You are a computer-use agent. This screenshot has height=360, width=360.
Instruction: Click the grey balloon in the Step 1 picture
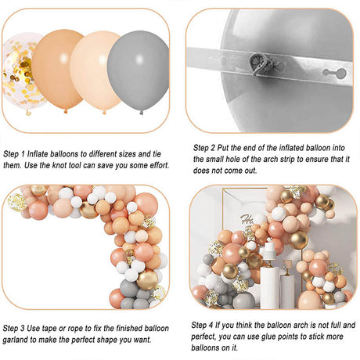pos(138,70)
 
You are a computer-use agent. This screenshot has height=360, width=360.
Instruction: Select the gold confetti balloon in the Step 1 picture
pos(21,72)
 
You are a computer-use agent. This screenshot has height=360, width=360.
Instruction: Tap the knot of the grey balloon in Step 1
pos(141,113)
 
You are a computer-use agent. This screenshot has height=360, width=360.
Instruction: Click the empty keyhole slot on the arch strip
pos(334,72)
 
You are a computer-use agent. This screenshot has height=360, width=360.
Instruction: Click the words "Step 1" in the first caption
pos(14,154)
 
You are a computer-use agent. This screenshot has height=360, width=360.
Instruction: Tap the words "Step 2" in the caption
pos(204,148)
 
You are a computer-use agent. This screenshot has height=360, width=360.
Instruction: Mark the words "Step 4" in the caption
pos(202,325)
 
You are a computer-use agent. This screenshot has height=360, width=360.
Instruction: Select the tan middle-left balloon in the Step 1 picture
pos(58,69)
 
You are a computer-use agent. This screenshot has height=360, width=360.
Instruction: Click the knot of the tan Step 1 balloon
pos(66,111)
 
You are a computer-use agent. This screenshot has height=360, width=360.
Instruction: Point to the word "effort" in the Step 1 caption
pos(160,165)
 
